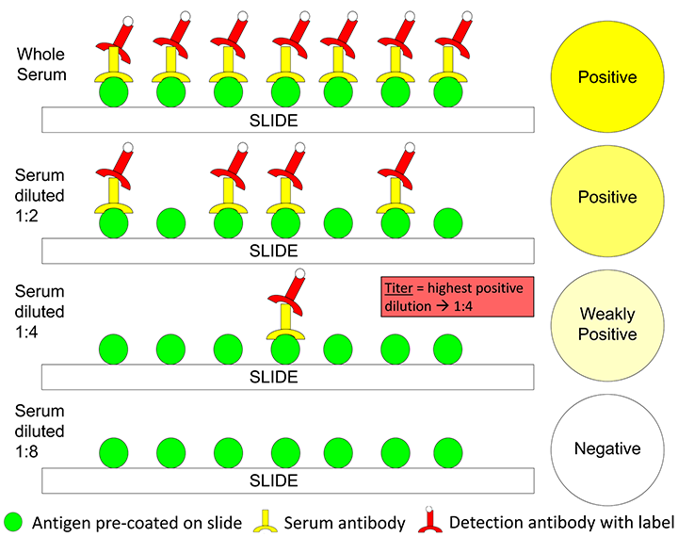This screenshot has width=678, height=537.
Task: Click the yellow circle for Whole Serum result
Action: click(x=606, y=77)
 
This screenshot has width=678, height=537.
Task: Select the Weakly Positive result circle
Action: click(x=606, y=324)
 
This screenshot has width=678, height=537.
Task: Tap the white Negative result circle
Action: click(x=606, y=449)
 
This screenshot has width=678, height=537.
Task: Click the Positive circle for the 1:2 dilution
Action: click(x=606, y=198)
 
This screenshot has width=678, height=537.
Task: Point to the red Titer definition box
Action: click(x=457, y=297)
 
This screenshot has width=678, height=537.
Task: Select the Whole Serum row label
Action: click(x=40, y=65)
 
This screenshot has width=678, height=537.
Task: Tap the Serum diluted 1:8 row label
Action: click(x=40, y=432)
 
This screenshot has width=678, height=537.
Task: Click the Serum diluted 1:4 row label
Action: click(x=40, y=312)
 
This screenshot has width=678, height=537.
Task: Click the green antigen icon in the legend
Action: click(x=15, y=521)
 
